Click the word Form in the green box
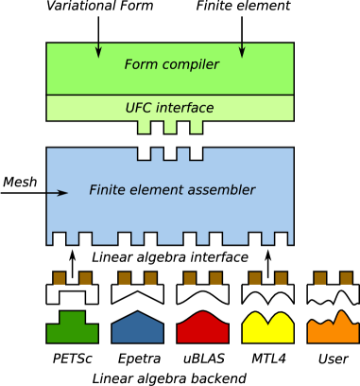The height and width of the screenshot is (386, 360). (140, 65)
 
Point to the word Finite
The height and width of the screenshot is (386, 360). (107, 190)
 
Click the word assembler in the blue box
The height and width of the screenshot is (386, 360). (221, 190)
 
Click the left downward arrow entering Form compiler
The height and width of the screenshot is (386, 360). (98, 49)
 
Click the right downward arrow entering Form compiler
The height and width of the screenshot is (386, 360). (242, 49)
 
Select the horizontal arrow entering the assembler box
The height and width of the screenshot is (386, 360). (59, 193)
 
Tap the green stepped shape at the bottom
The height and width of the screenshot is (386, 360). (72, 328)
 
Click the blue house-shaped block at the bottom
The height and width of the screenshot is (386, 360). (137, 328)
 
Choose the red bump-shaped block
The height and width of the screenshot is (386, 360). (203, 328)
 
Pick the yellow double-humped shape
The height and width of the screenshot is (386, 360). (267, 329)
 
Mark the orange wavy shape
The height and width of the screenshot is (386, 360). (333, 330)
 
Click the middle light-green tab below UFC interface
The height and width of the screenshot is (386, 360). (170, 127)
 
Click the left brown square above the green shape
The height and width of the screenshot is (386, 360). (60, 278)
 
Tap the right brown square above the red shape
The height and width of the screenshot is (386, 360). (215, 278)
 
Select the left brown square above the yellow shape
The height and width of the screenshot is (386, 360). (255, 278)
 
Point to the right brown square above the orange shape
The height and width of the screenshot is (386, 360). (346, 278)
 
